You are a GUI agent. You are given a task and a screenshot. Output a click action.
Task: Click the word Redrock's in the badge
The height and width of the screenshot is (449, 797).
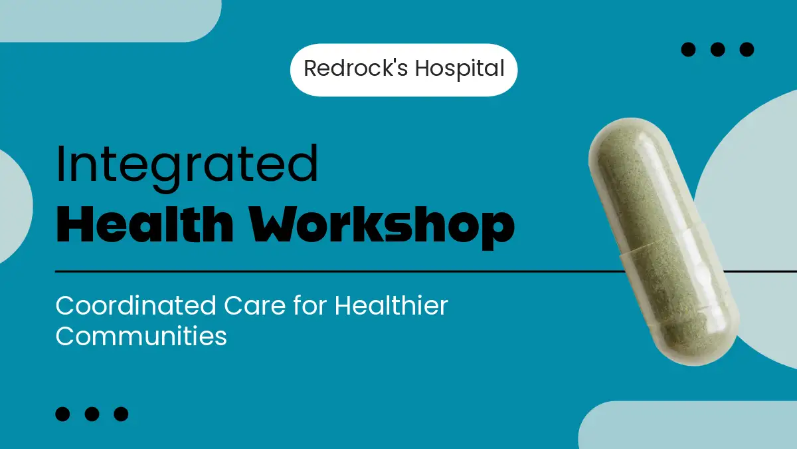tap(355, 68)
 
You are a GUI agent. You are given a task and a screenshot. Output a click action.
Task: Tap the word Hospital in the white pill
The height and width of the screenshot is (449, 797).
tap(460, 69)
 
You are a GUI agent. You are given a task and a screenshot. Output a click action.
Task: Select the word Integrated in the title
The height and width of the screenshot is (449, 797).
tap(187, 168)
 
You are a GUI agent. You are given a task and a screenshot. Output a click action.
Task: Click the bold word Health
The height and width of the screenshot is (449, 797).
tap(145, 225)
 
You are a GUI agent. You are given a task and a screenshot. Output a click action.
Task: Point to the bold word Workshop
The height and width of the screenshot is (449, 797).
tap(382, 227)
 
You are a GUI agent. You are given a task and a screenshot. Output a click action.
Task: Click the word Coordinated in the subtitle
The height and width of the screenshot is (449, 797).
tap(135, 306)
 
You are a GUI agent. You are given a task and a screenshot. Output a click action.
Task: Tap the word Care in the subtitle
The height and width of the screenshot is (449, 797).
tap(255, 306)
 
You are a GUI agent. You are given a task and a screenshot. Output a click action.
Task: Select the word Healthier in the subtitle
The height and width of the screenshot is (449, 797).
tap(391, 305)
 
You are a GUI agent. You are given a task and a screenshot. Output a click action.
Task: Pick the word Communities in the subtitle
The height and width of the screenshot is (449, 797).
tap(141, 336)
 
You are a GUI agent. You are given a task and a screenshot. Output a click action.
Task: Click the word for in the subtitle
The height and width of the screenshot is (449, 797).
tap(310, 305)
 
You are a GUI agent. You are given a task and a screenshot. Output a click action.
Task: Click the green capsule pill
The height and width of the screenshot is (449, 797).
tap(664, 242)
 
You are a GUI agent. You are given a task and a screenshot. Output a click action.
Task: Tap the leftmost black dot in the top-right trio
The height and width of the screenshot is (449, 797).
tap(688, 49)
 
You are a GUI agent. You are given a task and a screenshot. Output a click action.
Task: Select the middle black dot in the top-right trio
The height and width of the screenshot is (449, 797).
tap(718, 49)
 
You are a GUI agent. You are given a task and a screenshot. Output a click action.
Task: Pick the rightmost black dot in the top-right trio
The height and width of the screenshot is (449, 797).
tap(747, 49)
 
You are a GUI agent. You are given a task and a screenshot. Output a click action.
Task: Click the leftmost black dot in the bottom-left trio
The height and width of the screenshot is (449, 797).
tap(62, 414)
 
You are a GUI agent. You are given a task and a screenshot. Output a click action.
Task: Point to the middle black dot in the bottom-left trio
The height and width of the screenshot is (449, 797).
tap(92, 414)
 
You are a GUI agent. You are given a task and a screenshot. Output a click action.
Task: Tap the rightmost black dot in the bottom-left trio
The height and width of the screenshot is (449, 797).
tap(121, 414)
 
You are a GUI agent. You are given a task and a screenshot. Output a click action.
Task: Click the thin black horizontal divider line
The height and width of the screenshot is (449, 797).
tap(340, 271)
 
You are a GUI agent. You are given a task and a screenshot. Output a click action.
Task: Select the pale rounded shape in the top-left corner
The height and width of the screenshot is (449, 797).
tap(111, 21)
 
